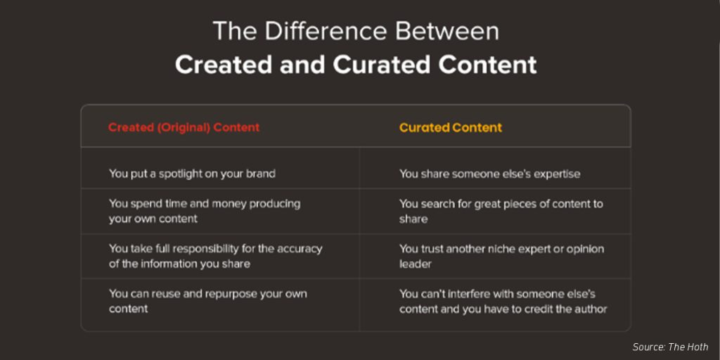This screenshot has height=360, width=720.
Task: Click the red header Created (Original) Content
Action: point(184,127)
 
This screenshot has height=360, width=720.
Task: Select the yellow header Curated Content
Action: point(451,127)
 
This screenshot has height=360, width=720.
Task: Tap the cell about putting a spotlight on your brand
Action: point(192,173)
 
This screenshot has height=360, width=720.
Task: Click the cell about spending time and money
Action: point(204,211)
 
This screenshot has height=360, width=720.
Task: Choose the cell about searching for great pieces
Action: point(501,211)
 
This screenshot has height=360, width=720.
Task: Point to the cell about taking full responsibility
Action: point(215,256)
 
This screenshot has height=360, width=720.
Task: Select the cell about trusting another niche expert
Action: point(501,256)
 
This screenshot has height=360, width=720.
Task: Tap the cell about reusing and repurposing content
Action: point(207,301)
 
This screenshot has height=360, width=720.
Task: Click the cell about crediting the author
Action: point(503,301)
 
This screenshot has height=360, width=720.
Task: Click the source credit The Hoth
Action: point(670,347)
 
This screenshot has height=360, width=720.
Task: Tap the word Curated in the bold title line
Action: point(382,64)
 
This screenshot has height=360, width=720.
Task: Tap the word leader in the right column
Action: point(416,264)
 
